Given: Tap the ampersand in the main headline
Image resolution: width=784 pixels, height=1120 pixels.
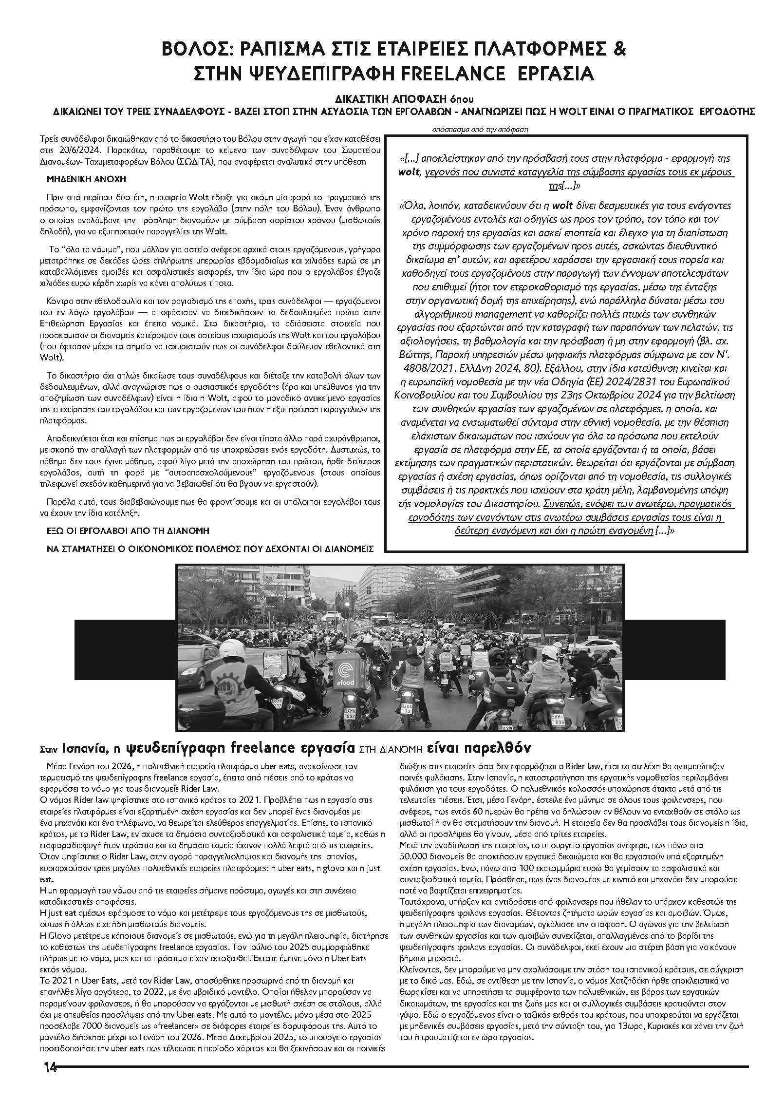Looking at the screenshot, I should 619,50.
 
